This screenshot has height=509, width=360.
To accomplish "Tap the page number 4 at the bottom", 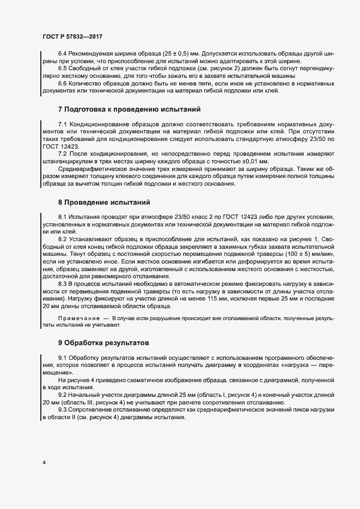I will [x=45, y=463].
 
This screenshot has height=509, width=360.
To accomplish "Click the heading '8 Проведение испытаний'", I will [x=96, y=203].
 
